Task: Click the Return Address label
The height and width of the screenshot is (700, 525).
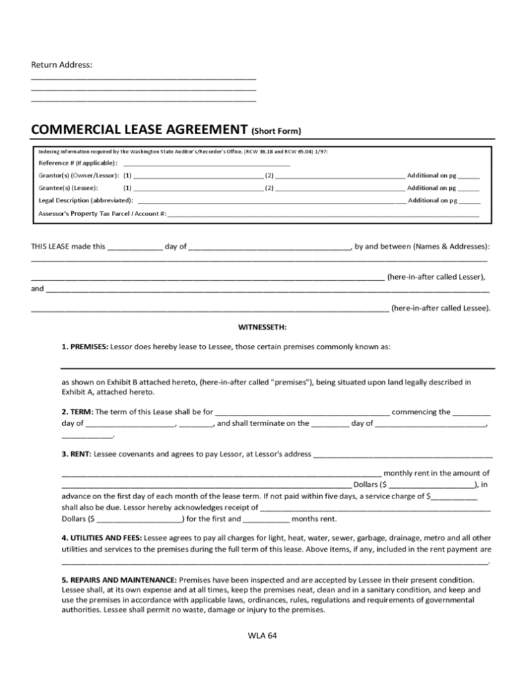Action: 61,65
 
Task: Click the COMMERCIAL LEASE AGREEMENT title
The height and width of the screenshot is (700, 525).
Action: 139,129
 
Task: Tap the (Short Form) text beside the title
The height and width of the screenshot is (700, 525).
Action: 276,130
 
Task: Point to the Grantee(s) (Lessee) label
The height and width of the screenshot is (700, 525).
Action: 68,188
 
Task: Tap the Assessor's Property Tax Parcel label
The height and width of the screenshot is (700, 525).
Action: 102,213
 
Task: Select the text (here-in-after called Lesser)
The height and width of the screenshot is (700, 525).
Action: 436,277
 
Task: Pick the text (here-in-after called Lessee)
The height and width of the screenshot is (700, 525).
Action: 441,308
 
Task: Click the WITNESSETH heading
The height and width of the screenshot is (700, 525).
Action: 262,327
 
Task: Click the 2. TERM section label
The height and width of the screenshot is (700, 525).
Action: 77,412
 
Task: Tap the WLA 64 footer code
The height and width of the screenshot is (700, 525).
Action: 262,635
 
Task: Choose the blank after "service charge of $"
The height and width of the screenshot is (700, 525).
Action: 454,496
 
